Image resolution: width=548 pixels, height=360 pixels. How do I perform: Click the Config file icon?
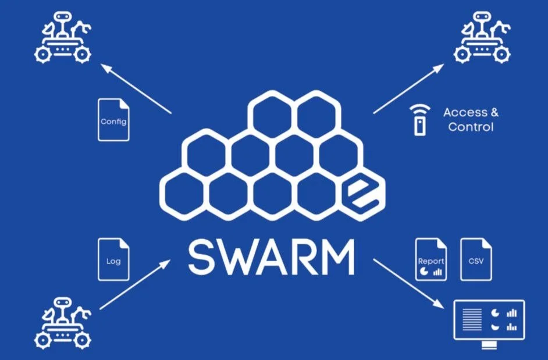click(113, 120)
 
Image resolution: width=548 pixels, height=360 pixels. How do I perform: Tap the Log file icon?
click(113, 259)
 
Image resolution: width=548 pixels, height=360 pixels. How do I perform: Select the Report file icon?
click(431, 259)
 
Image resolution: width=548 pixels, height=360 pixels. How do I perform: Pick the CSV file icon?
click(476, 259)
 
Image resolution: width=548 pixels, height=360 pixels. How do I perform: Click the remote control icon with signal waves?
click(417, 120)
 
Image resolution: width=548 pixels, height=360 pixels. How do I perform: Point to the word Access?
click(464, 113)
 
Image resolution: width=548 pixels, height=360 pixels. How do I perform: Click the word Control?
click(471, 127)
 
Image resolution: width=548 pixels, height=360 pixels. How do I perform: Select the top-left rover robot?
click(63, 41)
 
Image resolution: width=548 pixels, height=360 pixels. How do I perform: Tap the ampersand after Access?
click(494, 113)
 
